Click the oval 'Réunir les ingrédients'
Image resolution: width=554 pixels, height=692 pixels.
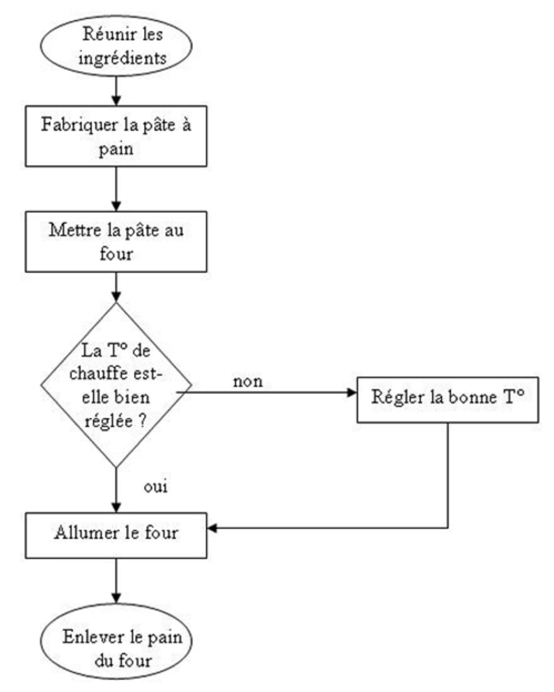[x=116, y=46]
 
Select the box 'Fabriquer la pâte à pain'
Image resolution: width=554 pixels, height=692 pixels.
[x=116, y=136]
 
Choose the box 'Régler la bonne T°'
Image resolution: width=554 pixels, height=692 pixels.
[x=448, y=399]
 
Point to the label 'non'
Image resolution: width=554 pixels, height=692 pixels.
[x=248, y=382]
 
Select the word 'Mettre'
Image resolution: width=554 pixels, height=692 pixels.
[x=74, y=230]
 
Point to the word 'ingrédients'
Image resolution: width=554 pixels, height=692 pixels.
[x=122, y=59]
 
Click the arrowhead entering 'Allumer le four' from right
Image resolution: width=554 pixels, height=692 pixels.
[x=212, y=528]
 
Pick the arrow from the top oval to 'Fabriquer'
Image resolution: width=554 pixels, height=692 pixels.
[x=116, y=90]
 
